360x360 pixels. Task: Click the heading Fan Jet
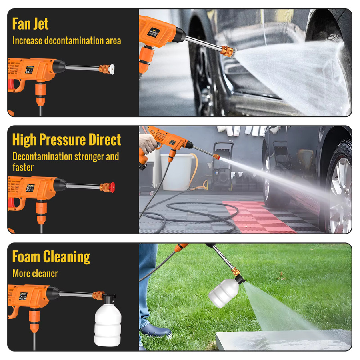[x=30, y=24]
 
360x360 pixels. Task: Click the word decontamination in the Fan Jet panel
[x=74, y=41]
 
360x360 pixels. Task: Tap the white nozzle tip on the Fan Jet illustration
[x=112, y=69]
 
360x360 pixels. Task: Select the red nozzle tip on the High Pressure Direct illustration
[x=112, y=187]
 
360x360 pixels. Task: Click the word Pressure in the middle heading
[x=63, y=140]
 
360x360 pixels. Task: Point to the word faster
[x=23, y=167]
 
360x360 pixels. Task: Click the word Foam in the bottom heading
[x=26, y=257]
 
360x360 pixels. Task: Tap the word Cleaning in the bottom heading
[x=66, y=257]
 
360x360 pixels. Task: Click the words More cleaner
[x=35, y=274]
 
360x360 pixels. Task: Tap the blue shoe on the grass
[x=156, y=330]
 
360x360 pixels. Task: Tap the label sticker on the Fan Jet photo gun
[x=154, y=32]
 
